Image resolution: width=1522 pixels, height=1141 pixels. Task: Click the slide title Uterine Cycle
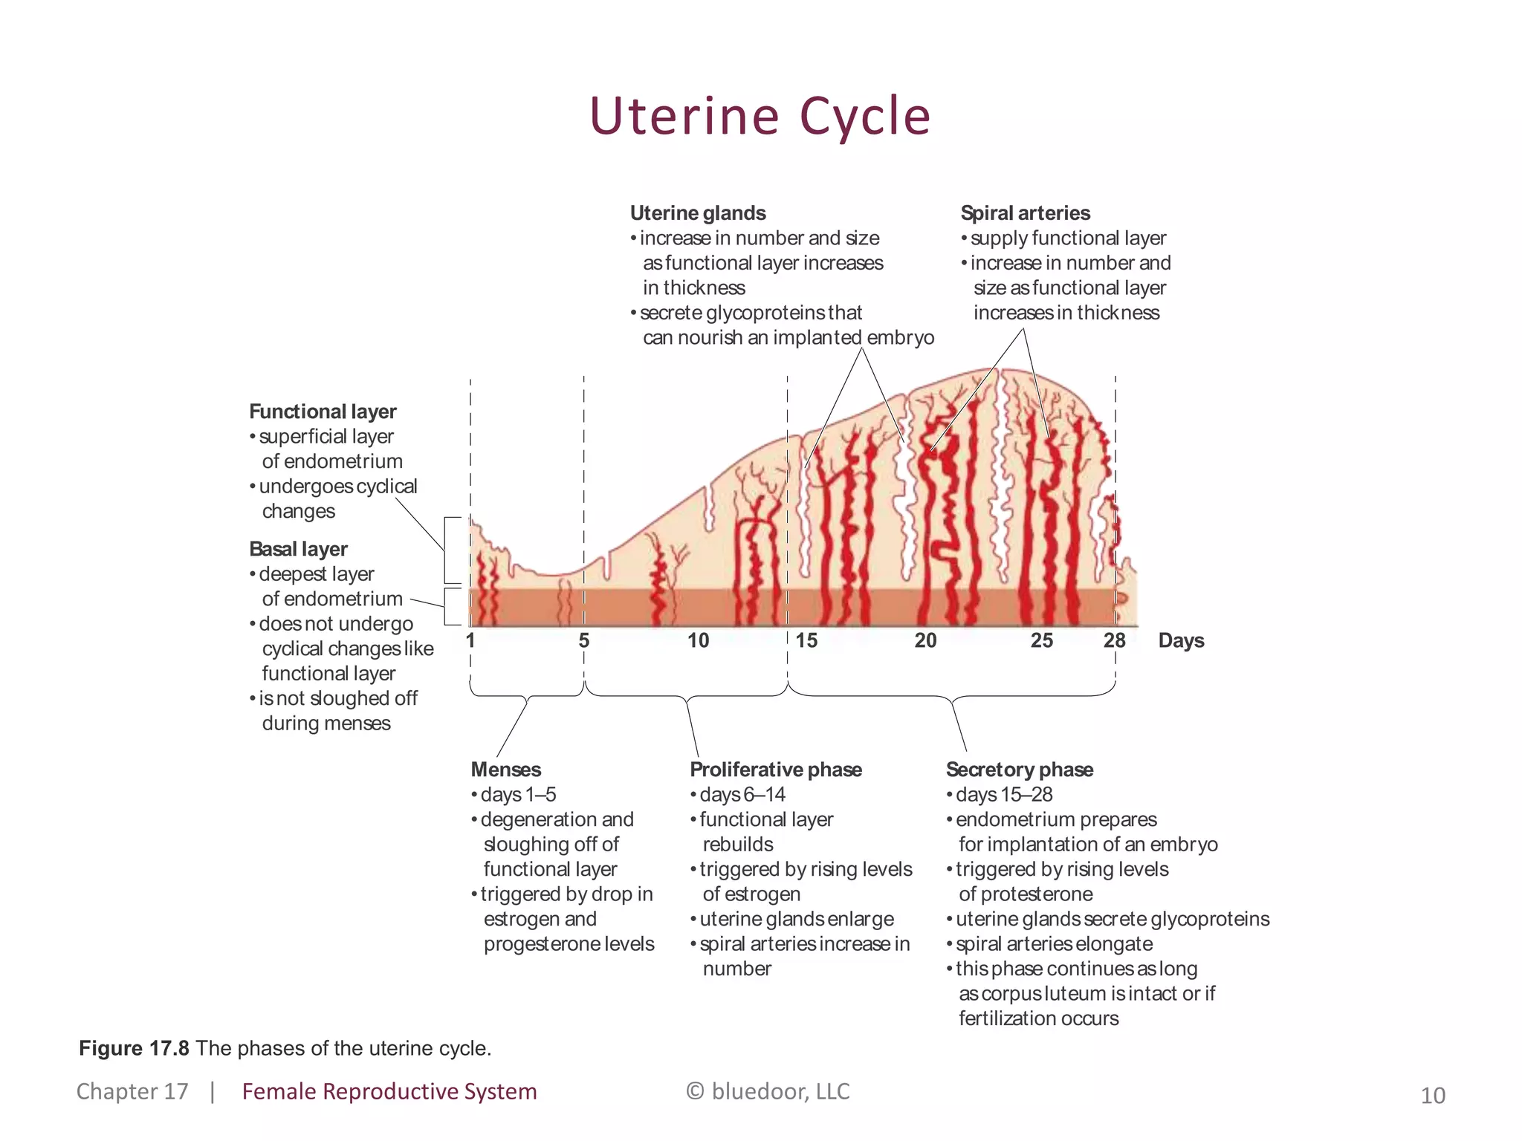click(760, 117)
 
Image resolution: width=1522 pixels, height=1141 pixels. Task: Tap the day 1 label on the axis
click(470, 640)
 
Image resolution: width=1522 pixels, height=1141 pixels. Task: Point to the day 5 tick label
click(584, 640)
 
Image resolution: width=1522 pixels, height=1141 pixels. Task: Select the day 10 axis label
click(698, 640)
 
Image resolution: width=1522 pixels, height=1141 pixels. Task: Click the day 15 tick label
click(806, 640)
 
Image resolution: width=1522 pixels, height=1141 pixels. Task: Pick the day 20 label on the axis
click(925, 640)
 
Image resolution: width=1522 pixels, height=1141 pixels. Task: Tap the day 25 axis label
click(1042, 640)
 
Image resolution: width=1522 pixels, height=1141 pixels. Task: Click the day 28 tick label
click(1114, 640)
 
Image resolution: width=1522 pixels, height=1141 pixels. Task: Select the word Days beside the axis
click(1181, 640)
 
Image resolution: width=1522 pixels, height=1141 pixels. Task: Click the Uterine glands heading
click(698, 213)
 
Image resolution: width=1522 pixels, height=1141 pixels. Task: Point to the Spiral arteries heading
click(1025, 213)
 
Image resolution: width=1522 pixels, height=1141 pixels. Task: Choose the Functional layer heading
click(323, 412)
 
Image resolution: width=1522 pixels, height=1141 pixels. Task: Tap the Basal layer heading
click(298, 549)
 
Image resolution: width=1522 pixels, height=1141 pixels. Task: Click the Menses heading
click(506, 770)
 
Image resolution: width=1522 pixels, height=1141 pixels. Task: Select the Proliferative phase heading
click(776, 770)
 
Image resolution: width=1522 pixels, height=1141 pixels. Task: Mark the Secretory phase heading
click(1019, 770)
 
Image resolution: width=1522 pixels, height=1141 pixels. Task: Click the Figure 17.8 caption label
click(134, 1048)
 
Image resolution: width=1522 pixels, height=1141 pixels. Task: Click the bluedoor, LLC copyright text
click(768, 1091)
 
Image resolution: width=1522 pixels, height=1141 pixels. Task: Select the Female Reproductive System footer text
click(389, 1091)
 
